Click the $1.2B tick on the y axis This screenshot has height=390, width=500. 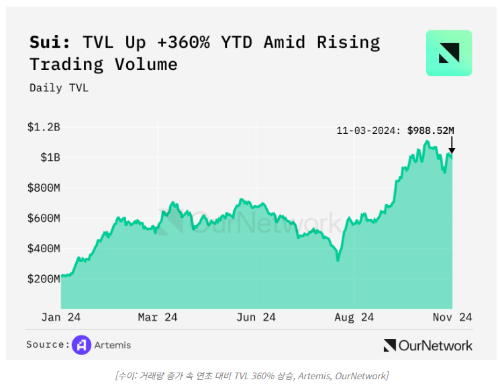coord(44,126)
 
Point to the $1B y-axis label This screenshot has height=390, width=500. coord(50,157)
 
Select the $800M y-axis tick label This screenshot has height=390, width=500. coord(44,188)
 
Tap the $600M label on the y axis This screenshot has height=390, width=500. coord(44,218)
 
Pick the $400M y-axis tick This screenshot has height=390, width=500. coord(44,249)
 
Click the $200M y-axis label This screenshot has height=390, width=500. coord(44,279)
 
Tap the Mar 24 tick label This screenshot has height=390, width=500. coord(158,317)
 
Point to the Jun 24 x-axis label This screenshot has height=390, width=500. coord(256,317)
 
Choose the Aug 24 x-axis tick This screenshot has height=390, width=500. coord(354,317)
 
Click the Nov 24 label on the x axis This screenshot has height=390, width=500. coord(452,317)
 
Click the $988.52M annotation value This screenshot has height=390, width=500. coord(431,130)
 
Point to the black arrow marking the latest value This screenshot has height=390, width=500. coord(452,145)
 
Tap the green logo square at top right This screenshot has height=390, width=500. coord(449,53)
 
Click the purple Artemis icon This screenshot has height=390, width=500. coord(81,345)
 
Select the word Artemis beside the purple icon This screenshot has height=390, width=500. coord(113,345)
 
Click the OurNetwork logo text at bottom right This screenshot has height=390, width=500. coord(435,346)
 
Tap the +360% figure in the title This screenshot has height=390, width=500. coord(184,42)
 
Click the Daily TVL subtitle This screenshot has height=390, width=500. coord(59,87)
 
